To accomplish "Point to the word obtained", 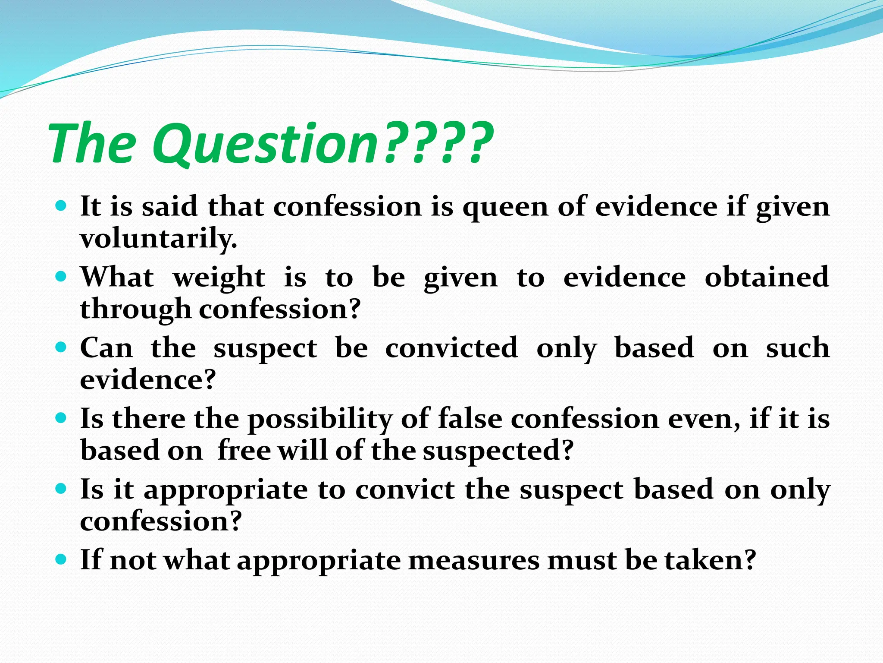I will click(767, 277).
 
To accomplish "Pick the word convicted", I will click(451, 347).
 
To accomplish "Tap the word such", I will click(798, 348).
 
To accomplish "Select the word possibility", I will click(320, 420).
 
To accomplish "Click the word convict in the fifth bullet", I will click(405, 489).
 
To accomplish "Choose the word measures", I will click(473, 560).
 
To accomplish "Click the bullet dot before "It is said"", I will click(61, 205).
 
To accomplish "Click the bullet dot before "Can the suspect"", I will click(61, 347).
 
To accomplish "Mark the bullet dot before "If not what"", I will click(61, 559).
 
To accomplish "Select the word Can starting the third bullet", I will click(106, 347).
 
